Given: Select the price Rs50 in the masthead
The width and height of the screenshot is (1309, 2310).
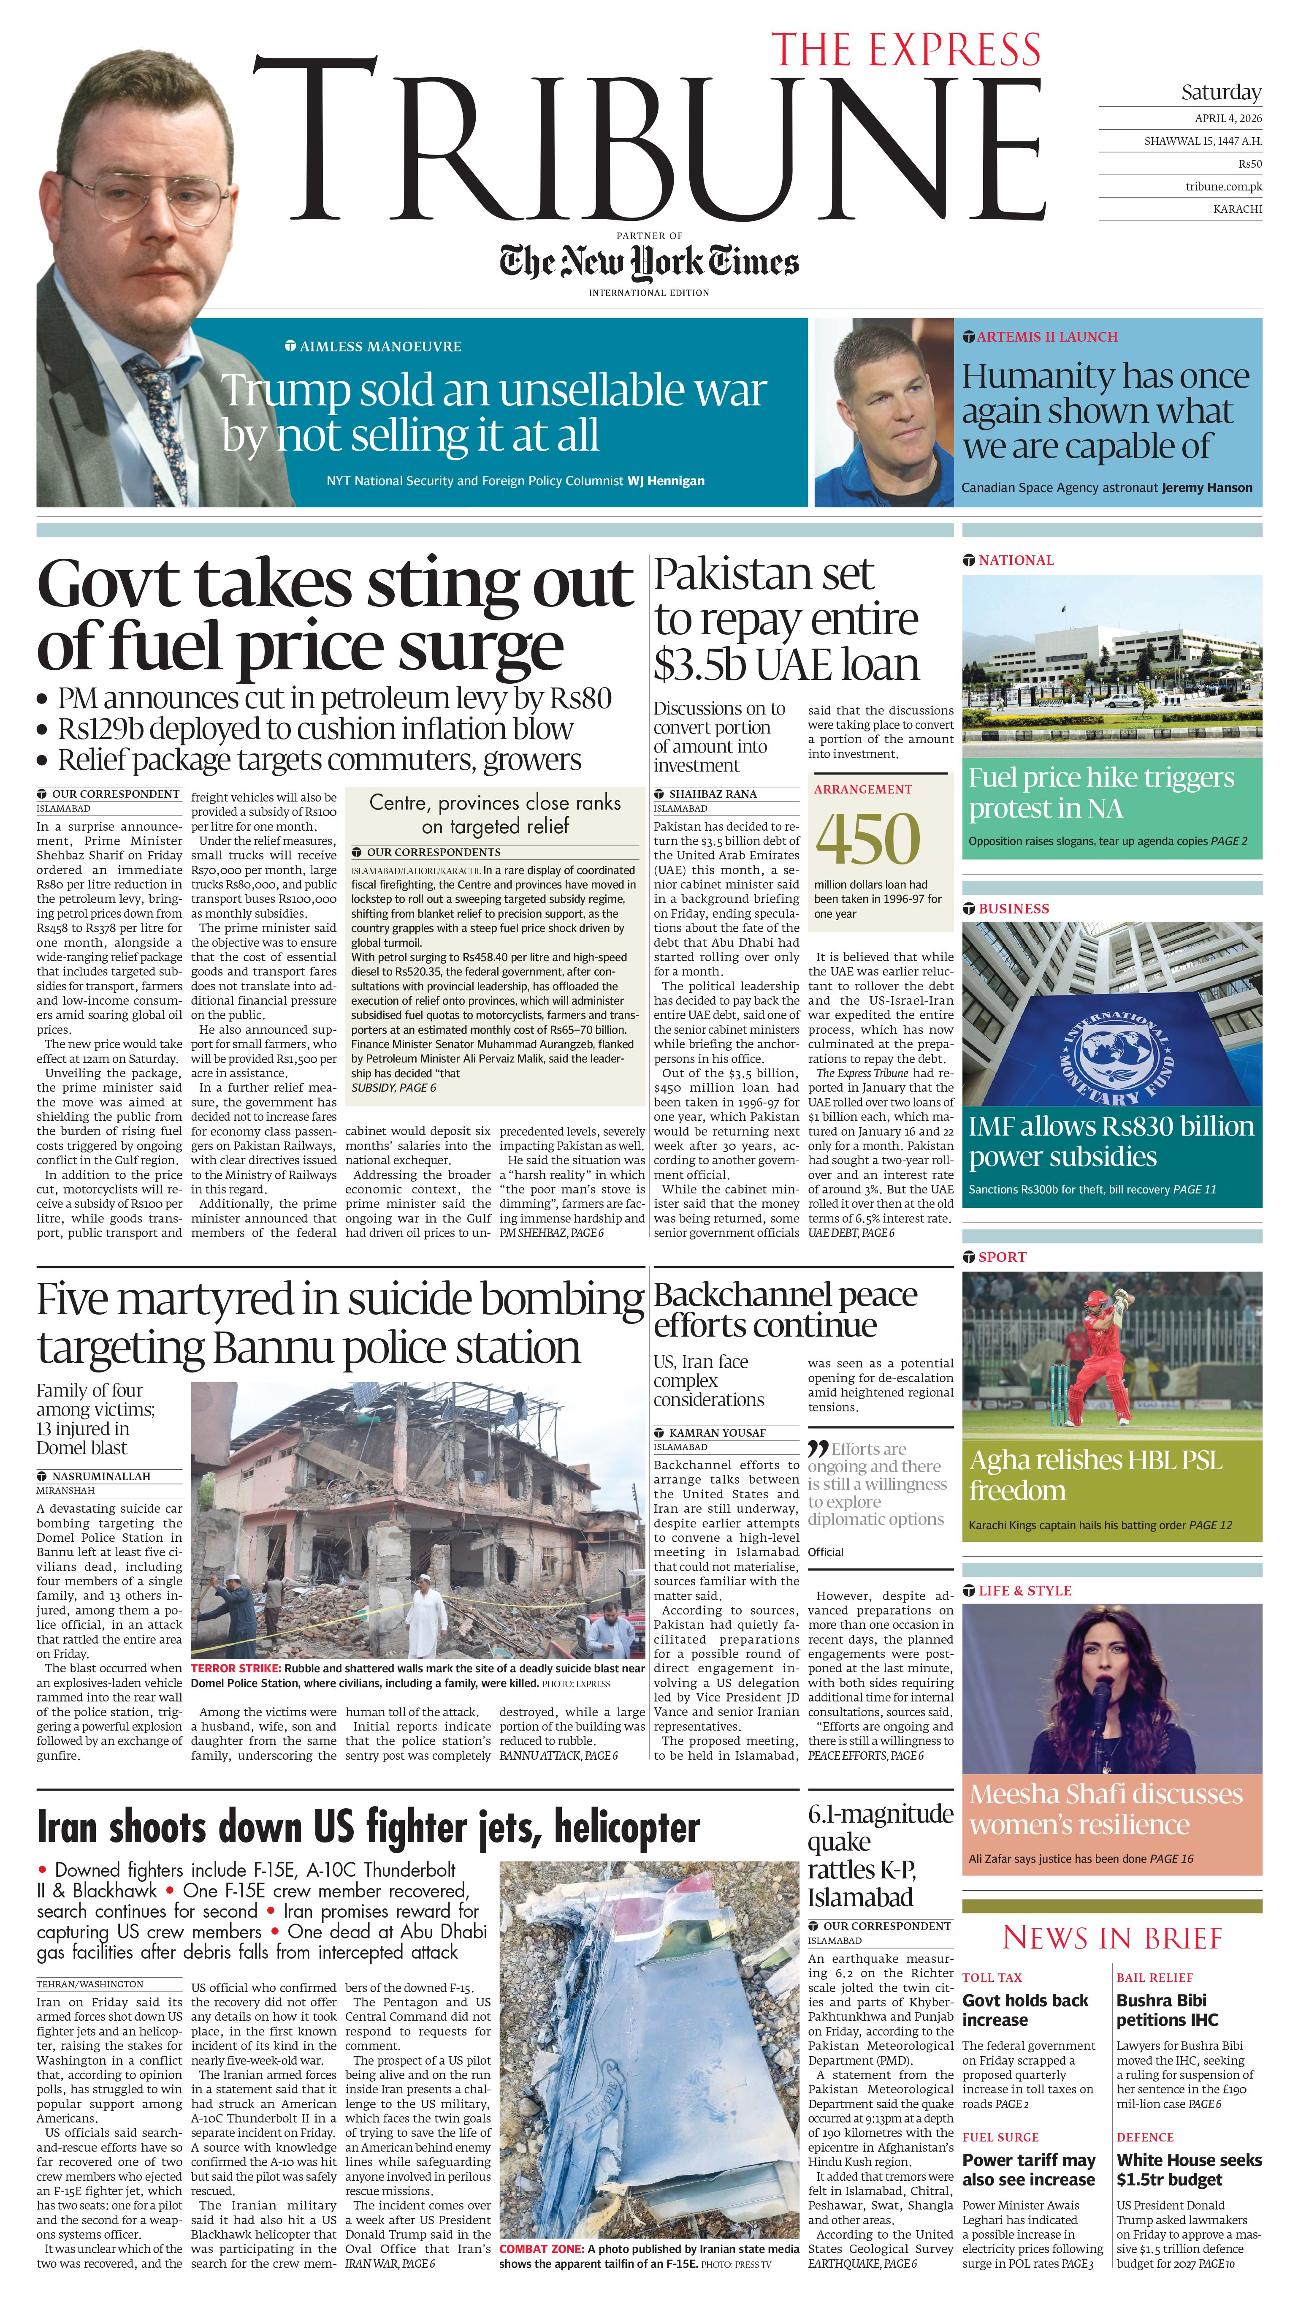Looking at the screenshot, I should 1249,164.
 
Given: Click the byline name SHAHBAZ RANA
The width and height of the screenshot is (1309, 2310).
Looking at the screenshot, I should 712,794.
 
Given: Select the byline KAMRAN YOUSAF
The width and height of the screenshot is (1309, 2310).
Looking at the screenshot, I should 716,1432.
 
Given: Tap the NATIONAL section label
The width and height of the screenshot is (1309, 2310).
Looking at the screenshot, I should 1015,560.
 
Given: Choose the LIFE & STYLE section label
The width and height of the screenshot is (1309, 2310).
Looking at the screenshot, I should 1024,1591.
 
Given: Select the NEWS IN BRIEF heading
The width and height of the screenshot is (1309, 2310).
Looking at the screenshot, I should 1112,1938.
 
